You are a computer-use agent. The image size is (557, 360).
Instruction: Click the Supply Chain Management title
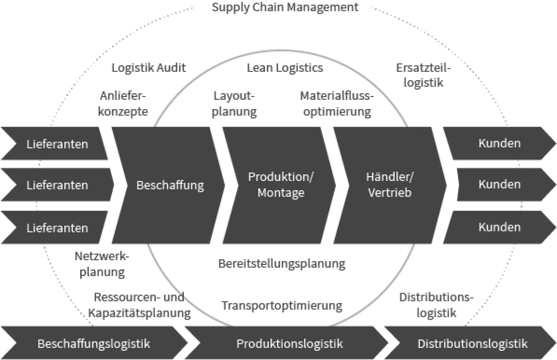[285, 8]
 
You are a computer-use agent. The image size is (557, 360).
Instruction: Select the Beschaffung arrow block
[170, 186]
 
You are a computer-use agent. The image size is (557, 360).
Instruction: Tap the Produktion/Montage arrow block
[281, 185]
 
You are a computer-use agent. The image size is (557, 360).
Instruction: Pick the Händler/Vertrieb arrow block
[389, 185]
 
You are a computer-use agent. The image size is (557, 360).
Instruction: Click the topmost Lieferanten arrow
[57, 143]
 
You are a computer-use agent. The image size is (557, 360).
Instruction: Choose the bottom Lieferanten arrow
[57, 228]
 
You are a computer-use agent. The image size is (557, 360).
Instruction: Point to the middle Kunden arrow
[499, 185]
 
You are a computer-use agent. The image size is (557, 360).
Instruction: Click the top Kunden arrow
[499, 143]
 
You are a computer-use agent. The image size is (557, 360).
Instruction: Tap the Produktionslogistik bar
[290, 344]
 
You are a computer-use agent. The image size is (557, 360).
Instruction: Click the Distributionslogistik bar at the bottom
[473, 344]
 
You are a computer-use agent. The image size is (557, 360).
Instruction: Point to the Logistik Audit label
[149, 68]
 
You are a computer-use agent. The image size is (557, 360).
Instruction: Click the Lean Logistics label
[285, 68]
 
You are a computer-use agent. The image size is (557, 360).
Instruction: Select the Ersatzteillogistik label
[423, 75]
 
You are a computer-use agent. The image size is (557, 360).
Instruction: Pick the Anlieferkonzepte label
[123, 104]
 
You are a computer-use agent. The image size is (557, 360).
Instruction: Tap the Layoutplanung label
[234, 104]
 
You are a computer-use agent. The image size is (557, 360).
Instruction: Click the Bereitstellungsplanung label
[282, 264]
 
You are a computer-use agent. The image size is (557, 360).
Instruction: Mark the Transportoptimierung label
[282, 306]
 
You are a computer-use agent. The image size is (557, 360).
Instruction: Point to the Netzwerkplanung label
[102, 264]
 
